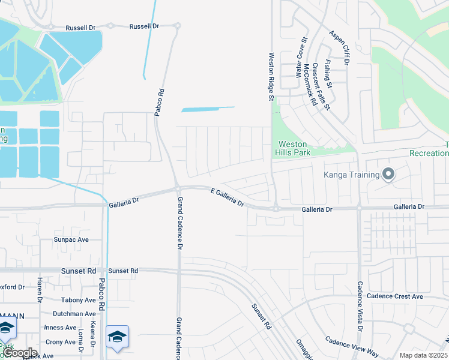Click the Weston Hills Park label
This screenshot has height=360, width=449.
pyautogui.click(x=292, y=148)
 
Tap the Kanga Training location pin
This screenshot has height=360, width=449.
pyautogui.click(x=388, y=175)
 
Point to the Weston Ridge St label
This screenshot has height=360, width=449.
pyautogui.click(x=271, y=76)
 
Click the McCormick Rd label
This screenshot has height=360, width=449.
pyautogui.click(x=310, y=85)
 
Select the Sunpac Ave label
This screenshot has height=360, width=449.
pyautogui.click(x=71, y=239)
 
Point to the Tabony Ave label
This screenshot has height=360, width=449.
pyautogui.click(x=78, y=300)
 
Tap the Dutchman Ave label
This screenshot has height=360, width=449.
pyautogui.click(x=74, y=314)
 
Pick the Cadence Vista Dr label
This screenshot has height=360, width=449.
pyautogui.click(x=360, y=307)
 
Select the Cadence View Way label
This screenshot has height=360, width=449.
pyautogui.click(x=352, y=347)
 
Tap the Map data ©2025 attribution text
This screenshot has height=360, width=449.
pyautogui.click(x=423, y=355)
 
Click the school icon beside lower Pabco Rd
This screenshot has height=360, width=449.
pyautogui.click(x=118, y=337)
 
